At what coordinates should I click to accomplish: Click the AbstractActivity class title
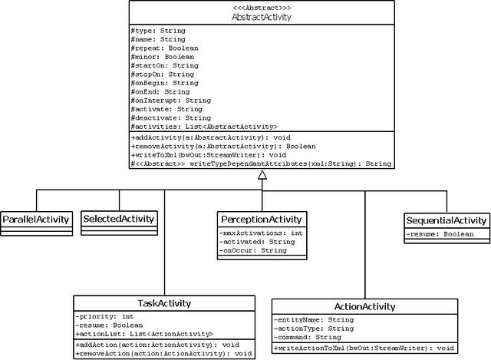[262, 17]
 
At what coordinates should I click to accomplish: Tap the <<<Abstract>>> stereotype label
[262, 8]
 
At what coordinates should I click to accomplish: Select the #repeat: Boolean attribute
[165, 48]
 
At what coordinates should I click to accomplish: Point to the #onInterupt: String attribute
[171, 101]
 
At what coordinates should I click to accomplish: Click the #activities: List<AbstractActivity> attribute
[204, 127]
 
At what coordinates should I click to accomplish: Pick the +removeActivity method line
[223, 147]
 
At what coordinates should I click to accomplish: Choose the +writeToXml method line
[209, 155]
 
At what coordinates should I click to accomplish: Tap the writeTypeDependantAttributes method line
[261, 163]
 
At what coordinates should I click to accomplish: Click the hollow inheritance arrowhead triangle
[262, 175]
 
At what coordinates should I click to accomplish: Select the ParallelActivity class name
[36, 220]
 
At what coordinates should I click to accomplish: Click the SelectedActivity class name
[119, 219]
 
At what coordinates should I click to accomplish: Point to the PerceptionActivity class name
[262, 220]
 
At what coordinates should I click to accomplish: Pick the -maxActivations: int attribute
[261, 233]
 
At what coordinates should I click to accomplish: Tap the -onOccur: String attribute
[252, 251]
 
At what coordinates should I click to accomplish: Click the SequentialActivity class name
[447, 220]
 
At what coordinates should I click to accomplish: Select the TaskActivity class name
[164, 303]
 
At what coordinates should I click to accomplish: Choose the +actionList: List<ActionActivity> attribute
[144, 335]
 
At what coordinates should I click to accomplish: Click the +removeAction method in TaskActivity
[163, 354]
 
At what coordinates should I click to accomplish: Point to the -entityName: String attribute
[314, 320]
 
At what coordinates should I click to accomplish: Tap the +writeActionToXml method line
[364, 348]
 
